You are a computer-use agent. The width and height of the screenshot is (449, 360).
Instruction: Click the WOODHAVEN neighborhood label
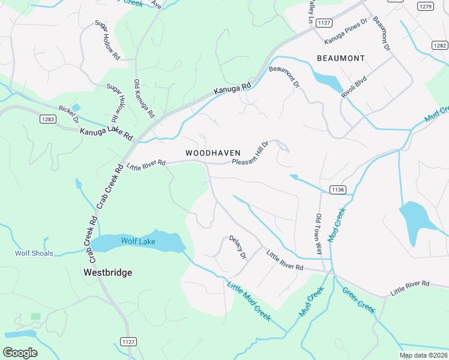tap(213, 154)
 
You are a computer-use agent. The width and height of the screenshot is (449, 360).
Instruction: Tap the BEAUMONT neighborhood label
tap(341, 58)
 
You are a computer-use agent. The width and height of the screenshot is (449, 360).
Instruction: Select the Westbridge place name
tap(107, 272)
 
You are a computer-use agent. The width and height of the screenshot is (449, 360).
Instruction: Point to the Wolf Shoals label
tap(34, 253)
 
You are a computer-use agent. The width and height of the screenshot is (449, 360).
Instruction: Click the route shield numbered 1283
tap(49, 119)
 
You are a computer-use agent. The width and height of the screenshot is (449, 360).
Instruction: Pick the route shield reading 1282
tap(440, 45)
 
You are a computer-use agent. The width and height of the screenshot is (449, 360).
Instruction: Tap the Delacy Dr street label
tap(238, 247)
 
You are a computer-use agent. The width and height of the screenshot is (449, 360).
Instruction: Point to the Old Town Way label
tap(319, 234)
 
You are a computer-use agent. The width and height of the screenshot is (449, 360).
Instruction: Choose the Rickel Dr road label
tap(68, 114)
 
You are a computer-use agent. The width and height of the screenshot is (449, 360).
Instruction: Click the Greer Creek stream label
tap(358, 300)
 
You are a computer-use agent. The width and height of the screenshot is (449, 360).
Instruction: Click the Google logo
tap(20, 353)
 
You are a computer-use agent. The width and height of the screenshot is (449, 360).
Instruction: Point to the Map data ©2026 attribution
tap(423, 355)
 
